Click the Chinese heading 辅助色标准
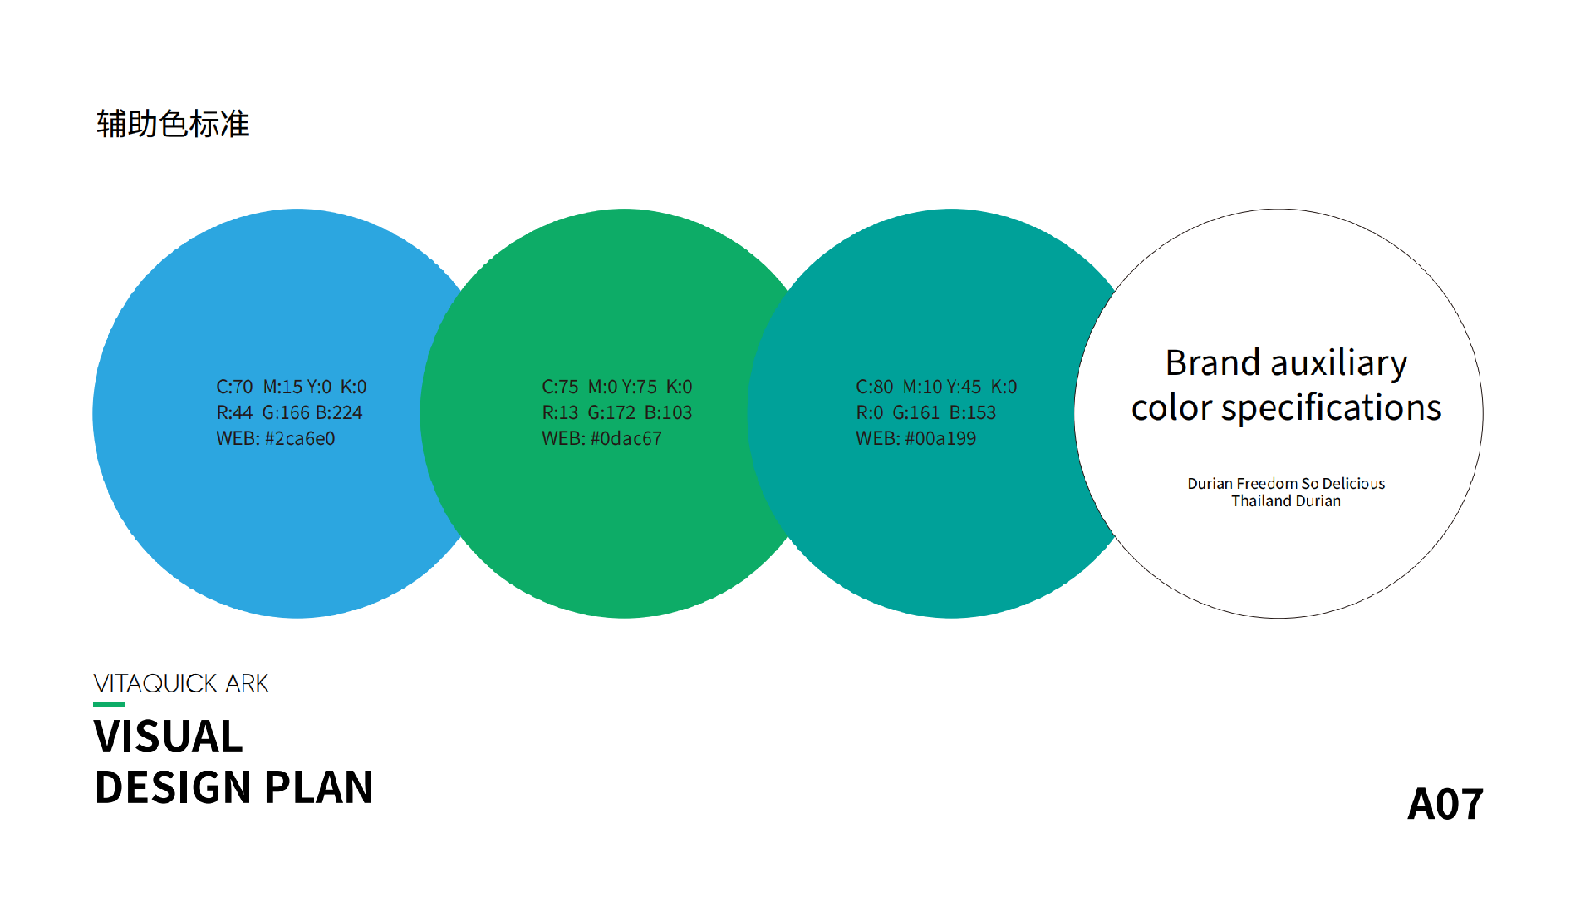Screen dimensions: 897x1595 coord(173,124)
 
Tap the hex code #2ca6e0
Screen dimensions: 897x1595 coord(300,439)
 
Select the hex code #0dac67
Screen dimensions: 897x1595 coord(626,439)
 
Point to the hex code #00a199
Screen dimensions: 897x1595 coord(940,439)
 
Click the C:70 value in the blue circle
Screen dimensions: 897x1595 coord(234,387)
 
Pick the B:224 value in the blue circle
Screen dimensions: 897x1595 coord(339,413)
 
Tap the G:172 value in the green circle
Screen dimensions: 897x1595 coord(611,413)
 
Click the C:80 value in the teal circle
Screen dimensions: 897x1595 coord(874,387)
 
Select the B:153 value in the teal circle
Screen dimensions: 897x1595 coord(973,413)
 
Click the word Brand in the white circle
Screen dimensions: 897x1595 coord(1213,363)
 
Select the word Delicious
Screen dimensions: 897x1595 coord(1353,484)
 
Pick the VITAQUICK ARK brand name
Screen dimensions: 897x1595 coord(181,683)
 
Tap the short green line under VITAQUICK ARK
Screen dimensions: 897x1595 coord(109,705)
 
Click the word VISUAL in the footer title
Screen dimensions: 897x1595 coord(169,737)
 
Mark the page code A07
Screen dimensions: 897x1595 coord(1445,805)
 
